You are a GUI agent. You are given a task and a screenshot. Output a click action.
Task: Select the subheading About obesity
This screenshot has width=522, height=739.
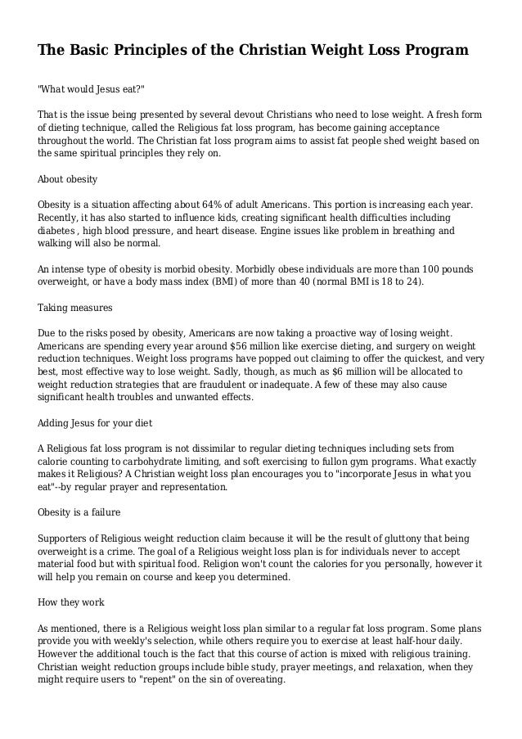tap(68, 179)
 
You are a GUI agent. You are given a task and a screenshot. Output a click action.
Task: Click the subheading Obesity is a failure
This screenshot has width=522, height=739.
tap(79, 513)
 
